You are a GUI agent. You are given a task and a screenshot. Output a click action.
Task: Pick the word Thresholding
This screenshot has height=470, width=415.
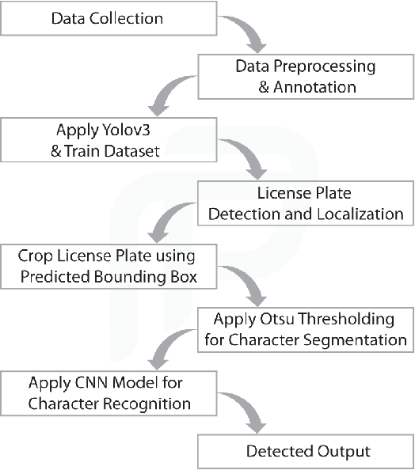pyautogui.click(x=356, y=320)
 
